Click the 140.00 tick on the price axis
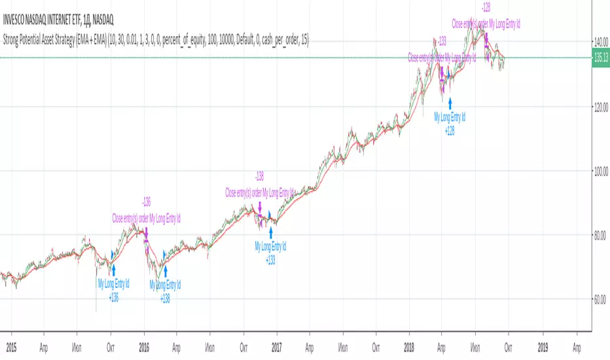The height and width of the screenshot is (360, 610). tap(601, 41)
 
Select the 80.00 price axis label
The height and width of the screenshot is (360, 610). tap(601, 235)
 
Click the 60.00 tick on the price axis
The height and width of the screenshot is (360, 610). tap(601, 300)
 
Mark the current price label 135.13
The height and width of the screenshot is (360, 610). tap(601, 58)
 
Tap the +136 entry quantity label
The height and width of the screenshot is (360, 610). tap(113, 297)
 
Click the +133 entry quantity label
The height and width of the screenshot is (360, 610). tap(270, 259)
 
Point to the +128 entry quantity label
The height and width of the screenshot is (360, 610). tap(450, 131)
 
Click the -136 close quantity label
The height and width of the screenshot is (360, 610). tap(146, 202)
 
